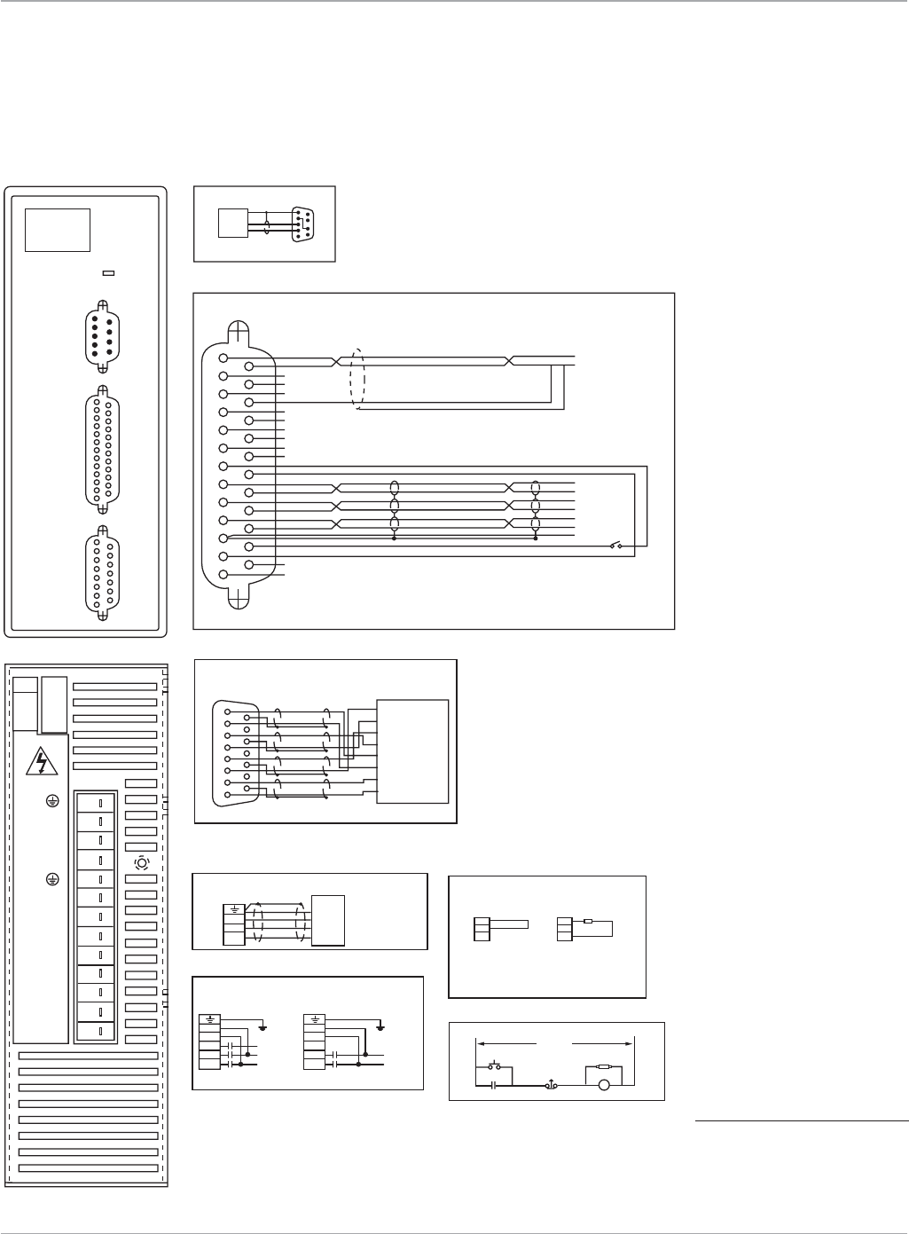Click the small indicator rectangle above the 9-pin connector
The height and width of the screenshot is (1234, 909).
pyautogui.click(x=108, y=273)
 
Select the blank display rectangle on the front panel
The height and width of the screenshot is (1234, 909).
pyautogui.click(x=58, y=230)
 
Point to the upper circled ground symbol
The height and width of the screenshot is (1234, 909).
pyautogui.click(x=52, y=801)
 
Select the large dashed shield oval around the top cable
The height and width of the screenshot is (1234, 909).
pyautogui.click(x=358, y=377)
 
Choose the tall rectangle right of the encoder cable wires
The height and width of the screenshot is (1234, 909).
pyautogui.click(x=412, y=751)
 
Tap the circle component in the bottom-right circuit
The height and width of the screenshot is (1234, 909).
pyautogui.click(x=604, y=1084)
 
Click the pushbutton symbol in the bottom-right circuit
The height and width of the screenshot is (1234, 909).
pyautogui.click(x=495, y=1065)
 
